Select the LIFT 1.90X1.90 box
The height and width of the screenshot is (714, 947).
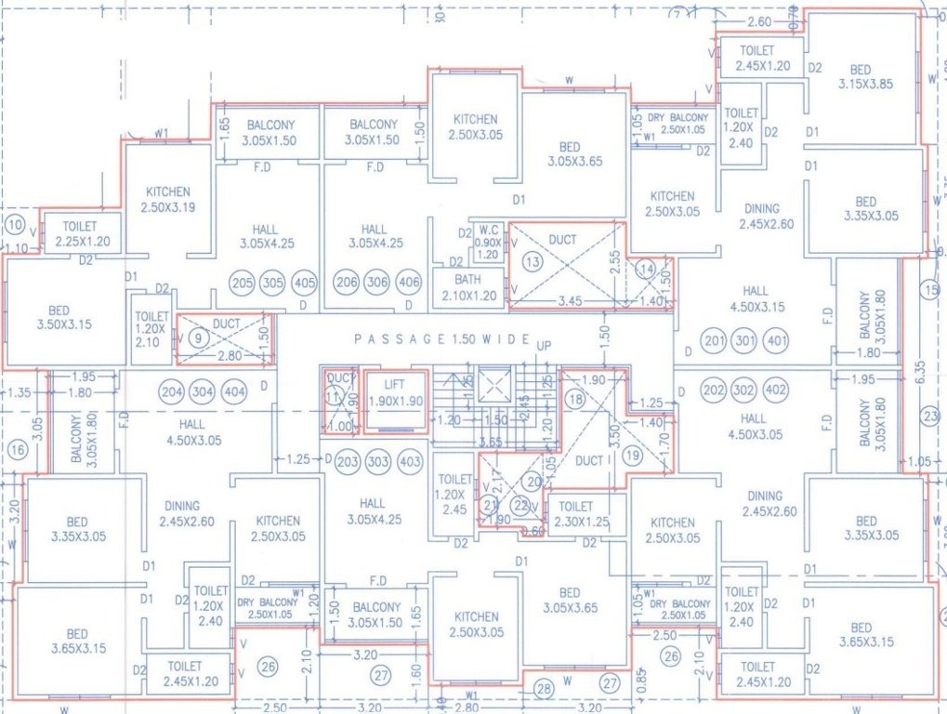click(396, 403)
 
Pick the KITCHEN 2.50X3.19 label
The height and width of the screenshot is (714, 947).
click(167, 199)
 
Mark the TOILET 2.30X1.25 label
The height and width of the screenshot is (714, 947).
click(576, 514)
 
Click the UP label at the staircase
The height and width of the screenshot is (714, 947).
click(545, 346)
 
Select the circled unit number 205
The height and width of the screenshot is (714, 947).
click(243, 284)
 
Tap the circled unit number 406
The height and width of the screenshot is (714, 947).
click(408, 284)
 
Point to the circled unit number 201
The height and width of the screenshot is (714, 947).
click(714, 341)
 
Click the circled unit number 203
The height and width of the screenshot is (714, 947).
click(347, 462)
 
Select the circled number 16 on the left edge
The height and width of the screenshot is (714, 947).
click(16, 451)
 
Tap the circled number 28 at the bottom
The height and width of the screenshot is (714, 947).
click(545, 688)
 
